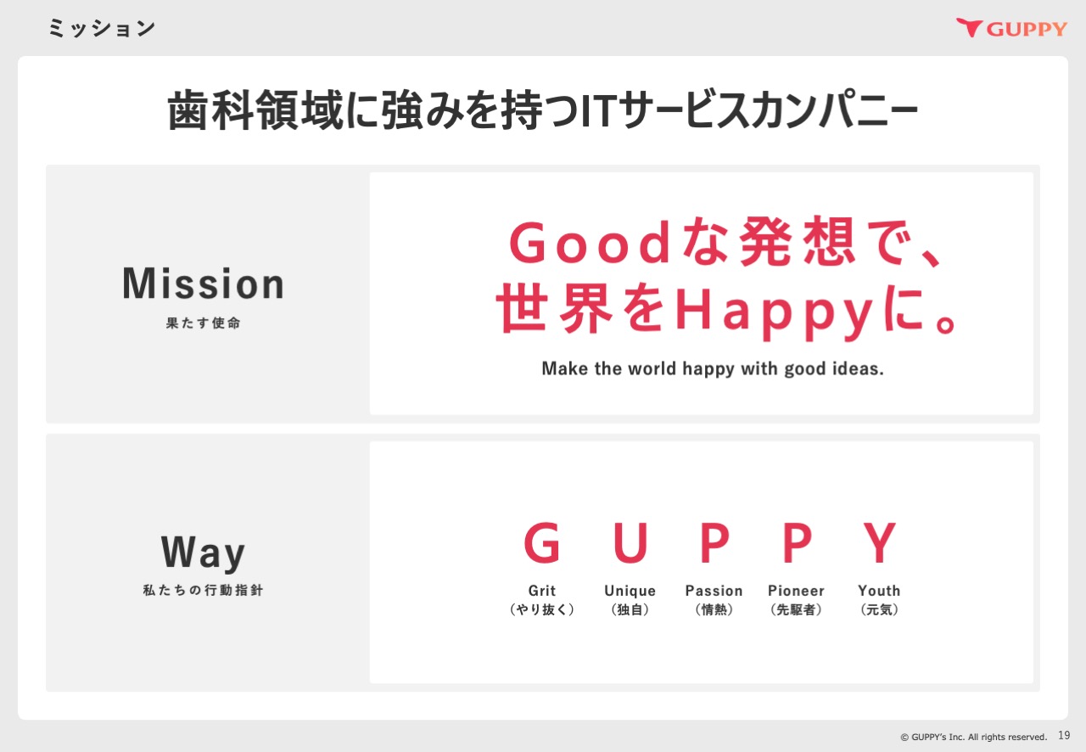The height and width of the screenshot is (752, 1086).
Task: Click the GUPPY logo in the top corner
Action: point(1011,28)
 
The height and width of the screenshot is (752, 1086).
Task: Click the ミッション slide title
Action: point(102,28)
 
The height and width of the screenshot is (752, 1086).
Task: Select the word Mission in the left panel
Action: point(203,283)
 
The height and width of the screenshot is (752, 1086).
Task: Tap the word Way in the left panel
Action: point(203,552)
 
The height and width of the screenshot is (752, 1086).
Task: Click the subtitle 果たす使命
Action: point(203,323)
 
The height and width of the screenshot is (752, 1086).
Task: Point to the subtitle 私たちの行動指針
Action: point(203,590)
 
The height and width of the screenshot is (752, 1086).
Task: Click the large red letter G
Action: point(542,542)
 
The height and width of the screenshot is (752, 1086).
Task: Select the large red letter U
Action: point(630,542)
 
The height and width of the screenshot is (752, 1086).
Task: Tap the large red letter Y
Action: point(880,542)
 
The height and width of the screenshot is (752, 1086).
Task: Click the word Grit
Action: point(542,591)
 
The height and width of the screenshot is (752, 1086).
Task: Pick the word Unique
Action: point(630,592)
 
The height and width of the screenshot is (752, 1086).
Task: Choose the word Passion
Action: point(714,591)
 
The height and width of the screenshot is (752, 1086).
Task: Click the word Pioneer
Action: point(796,591)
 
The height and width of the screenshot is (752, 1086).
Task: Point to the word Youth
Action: point(880,591)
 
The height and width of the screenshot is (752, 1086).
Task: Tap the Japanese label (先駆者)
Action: point(796,609)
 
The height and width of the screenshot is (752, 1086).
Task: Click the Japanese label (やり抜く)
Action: point(542,609)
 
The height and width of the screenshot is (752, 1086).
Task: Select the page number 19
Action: point(1064,736)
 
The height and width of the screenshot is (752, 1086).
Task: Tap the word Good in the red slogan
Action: point(590,244)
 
